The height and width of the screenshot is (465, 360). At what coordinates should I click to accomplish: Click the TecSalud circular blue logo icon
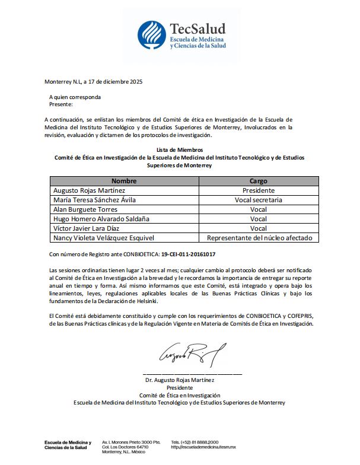(x=152, y=35)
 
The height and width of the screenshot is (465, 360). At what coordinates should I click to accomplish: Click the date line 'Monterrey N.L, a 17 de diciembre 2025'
(x=94, y=82)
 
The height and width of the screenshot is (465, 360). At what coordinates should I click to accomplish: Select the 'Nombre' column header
(x=124, y=181)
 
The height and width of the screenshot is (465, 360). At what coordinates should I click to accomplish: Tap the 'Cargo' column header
(x=259, y=181)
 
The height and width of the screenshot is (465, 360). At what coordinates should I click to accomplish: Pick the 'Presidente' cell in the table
(x=259, y=190)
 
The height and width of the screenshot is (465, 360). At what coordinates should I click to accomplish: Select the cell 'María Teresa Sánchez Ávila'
(x=94, y=200)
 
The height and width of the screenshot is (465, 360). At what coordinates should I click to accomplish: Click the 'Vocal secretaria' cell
(x=259, y=200)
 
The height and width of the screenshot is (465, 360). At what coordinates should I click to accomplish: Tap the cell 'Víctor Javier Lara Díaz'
(x=87, y=228)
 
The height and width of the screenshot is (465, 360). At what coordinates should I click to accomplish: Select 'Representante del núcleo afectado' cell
(x=259, y=238)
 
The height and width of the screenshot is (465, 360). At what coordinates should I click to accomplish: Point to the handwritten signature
(x=191, y=355)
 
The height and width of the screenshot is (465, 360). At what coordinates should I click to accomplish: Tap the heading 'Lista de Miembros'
(x=179, y=150)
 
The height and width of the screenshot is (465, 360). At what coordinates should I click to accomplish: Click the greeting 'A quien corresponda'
(x=75, y=97)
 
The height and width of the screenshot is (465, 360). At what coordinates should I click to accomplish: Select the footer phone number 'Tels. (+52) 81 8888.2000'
(x=195, y=442)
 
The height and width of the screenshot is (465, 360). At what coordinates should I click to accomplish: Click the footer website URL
(x=203, y=447)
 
